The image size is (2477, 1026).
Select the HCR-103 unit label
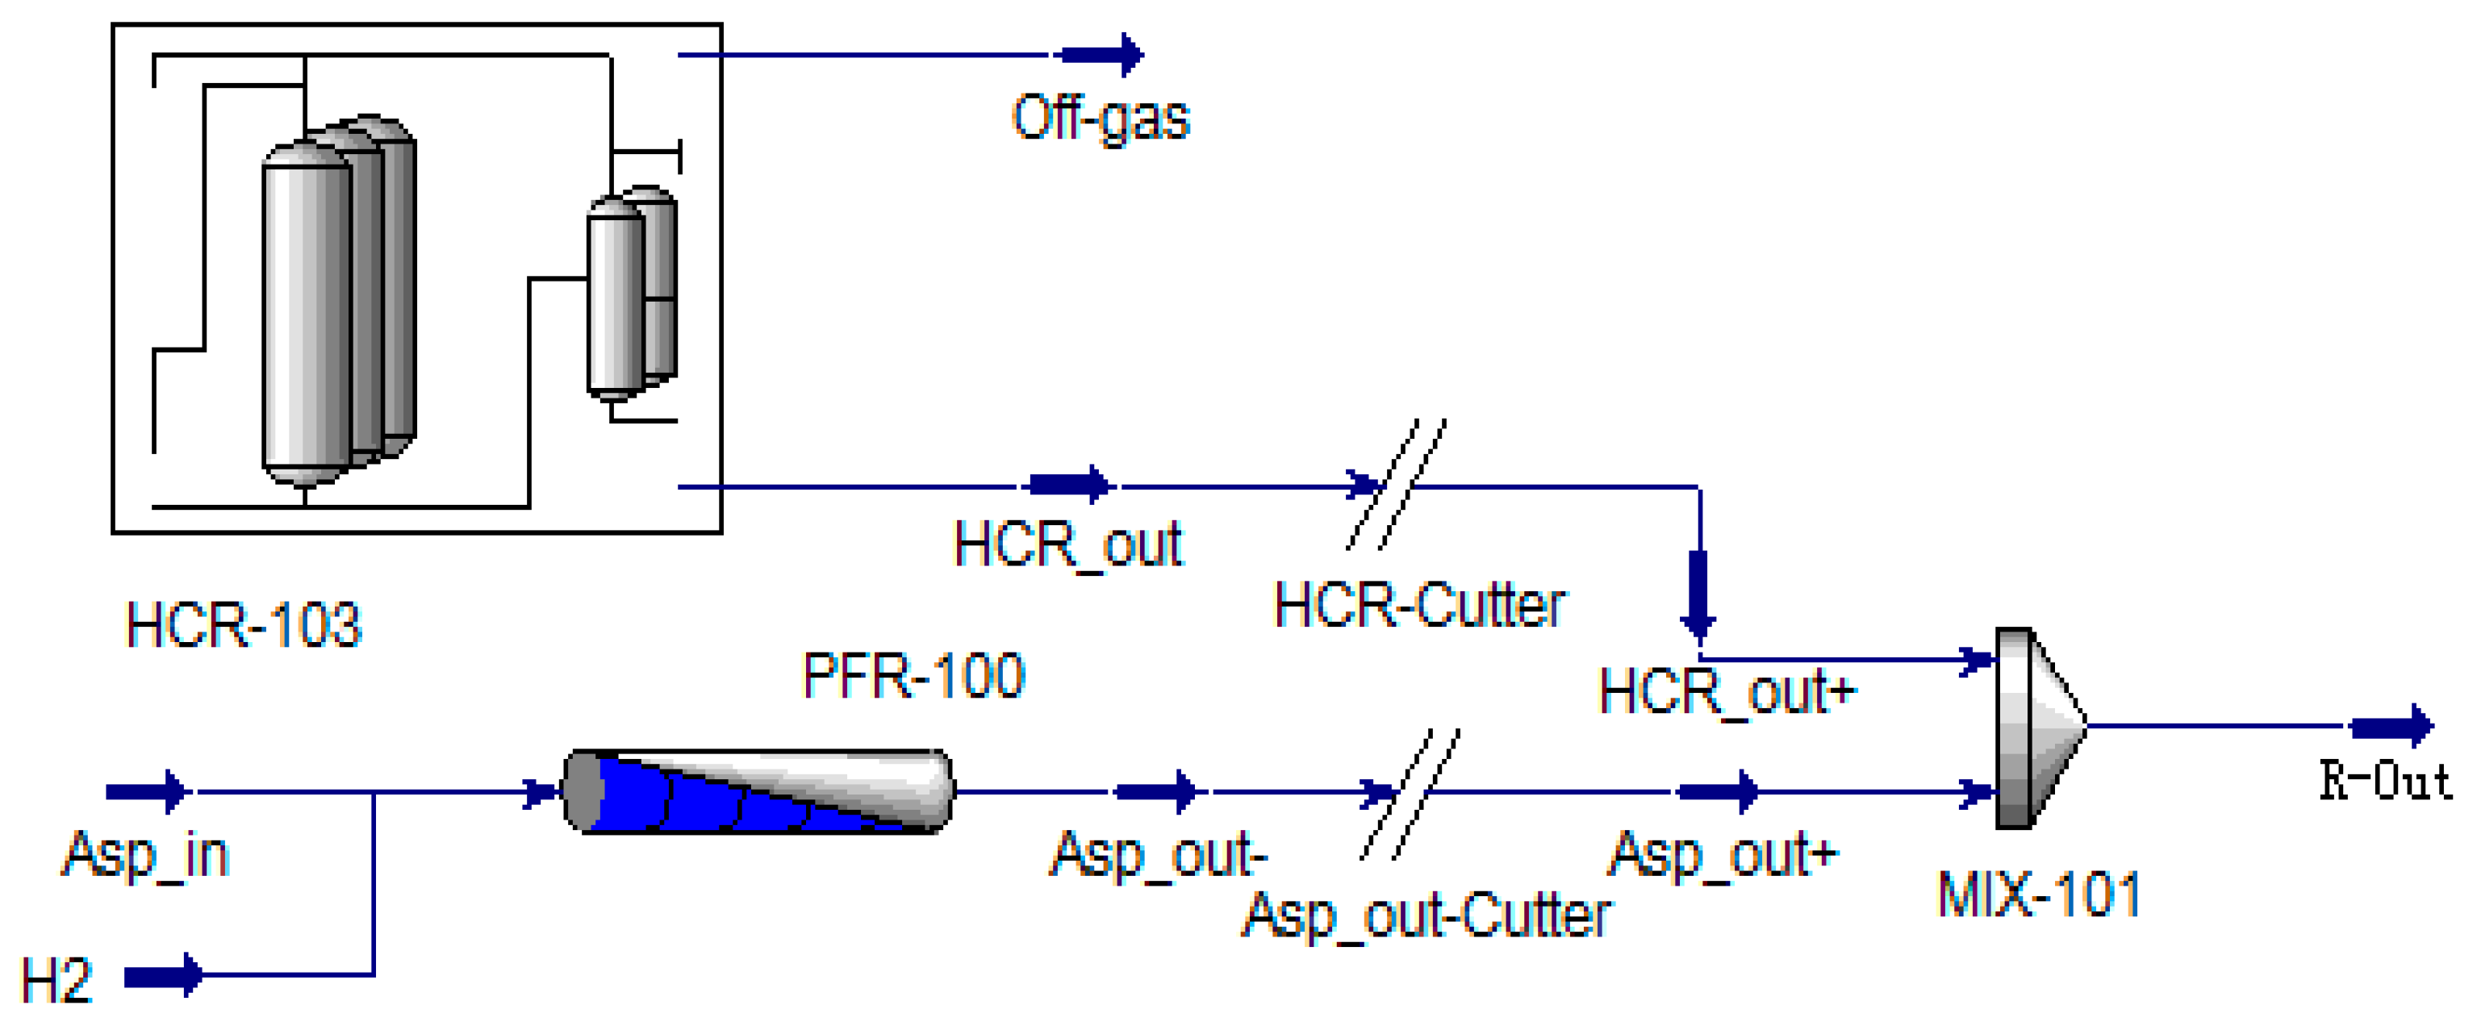pyautogui.click(x=244, y=625)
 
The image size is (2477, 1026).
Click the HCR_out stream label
pyautogui.click(x=1067, y=545)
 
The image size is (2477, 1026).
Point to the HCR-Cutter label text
pyautogui.click(x=1419, y=606)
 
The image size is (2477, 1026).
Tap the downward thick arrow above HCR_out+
pyautogui.click(x=1699, y=596)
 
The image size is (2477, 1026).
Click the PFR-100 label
pyautogui.click(x=913, y=675)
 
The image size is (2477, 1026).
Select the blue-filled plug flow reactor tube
pyautogui.click(x=758, y=791)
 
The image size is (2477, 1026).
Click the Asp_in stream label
pyautogui.click(x=146, y=854)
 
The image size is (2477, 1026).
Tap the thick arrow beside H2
pyautogui.click(x=164, y=976)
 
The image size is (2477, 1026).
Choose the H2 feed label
pyautogui.click(x=56, y=981)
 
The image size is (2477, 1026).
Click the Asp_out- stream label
pyautogui.click(x=1158, y=854)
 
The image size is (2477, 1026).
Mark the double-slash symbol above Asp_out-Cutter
pyautogui.click(x=1410, y=795)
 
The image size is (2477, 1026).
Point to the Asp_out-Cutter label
pyautogui.click(x=1427, y=915)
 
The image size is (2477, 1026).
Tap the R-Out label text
pyautogui.click(x=2385, y=781)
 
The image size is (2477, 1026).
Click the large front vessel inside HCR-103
pyautogui.click(x=306, y=312)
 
